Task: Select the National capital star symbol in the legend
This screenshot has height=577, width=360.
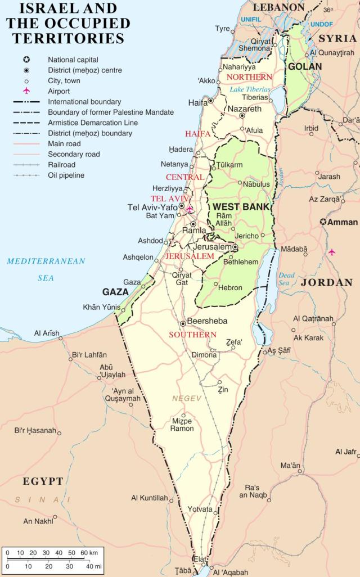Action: [26, 60]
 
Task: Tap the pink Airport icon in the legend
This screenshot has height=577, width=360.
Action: [26, 91]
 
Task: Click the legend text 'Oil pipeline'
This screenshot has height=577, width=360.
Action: [66, 175]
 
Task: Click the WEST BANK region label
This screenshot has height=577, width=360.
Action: [241, 207]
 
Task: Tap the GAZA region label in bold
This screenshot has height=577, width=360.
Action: [115, 292]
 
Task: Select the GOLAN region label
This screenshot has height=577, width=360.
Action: [305, 66]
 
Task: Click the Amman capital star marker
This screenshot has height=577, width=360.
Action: [323, 222]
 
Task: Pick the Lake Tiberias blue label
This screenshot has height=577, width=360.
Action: [250, 89]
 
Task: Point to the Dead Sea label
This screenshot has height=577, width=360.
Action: [286, 279]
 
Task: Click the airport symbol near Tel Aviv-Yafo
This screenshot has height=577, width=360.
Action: [190, 209]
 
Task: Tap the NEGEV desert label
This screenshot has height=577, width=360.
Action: [187, 398]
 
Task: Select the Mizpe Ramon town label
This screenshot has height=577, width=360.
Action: [182, 425]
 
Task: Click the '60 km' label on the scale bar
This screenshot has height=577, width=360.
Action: [92, 552]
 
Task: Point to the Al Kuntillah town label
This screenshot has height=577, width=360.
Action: [149, 498]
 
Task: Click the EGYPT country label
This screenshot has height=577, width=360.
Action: [43, 481]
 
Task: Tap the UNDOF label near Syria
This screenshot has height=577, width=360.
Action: [322, 25]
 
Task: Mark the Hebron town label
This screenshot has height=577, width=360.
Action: [230, 287]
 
